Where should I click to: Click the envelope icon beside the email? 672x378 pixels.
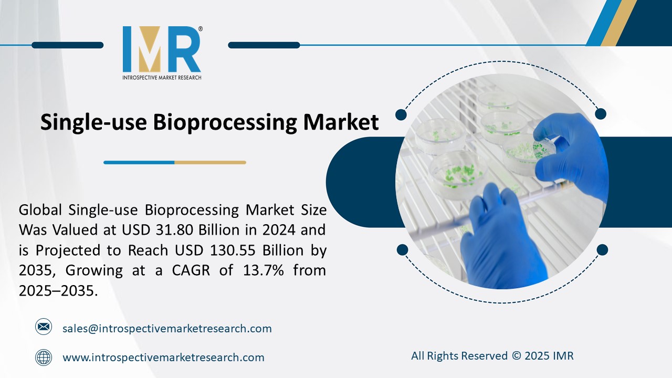point(44,328)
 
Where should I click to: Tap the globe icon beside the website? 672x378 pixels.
point(44,358)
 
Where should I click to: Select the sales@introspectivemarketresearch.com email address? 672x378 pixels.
point(167,329)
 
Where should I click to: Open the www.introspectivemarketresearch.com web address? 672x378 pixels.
point(163,358)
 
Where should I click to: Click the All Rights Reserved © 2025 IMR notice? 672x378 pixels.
point(492,356)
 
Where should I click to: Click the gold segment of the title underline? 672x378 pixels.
point(210,163)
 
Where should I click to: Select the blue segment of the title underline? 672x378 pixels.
point(139,163)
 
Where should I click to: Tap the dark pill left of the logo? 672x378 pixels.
point(67,45)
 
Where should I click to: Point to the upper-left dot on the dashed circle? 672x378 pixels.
point(401,114)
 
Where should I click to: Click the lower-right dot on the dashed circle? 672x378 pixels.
point(602,249)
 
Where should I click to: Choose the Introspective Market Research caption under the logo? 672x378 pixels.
point(162,78)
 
